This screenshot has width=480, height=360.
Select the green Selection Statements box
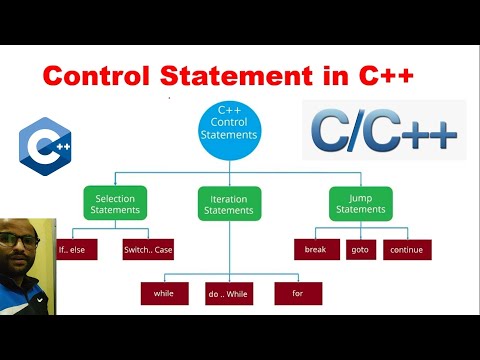[x=115, y=204]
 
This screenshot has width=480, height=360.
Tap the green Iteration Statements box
[x=230, y=205]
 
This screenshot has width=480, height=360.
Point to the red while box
[x=163, y=293]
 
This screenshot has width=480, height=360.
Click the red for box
[x=296, y=293]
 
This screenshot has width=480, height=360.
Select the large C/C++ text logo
[x=384, y=130]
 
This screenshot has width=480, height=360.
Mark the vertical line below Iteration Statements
[x=230, y=245]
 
